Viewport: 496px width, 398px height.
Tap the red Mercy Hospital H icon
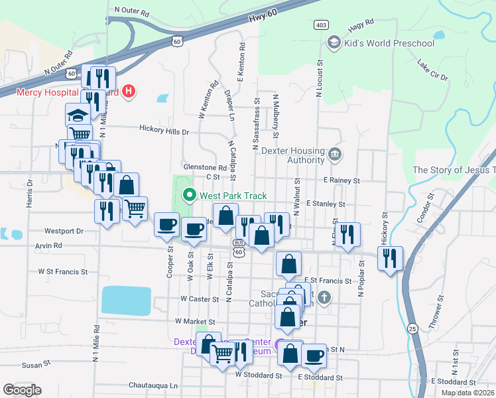[130, 92]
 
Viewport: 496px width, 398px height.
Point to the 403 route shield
[322, 25]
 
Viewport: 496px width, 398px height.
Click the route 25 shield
[412, 328]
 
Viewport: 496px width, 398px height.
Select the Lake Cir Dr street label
[432, 72]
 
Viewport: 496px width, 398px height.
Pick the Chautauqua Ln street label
[153, 385]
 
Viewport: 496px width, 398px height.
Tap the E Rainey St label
[341, 180]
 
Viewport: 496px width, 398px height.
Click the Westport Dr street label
[64, 232]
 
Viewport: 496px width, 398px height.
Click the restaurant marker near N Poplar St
[347, 234]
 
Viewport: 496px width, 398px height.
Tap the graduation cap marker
[78, 115]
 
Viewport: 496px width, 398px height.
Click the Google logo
[22, 390]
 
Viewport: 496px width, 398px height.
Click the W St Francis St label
[63, 271]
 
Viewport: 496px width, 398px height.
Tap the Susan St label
[36, 365]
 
